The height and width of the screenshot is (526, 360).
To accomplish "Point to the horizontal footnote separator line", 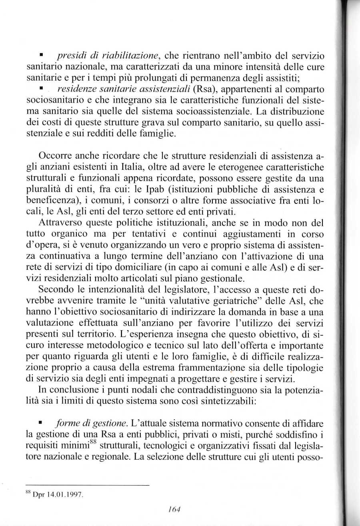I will click(87, 485).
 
